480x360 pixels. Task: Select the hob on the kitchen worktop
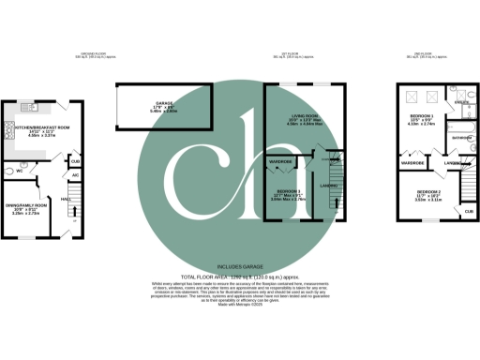tap(11, 142)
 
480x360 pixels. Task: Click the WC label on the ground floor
tap(20, 172)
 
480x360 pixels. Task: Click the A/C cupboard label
tap(75, 175)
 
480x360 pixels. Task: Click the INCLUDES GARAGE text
tap(239, 268)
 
